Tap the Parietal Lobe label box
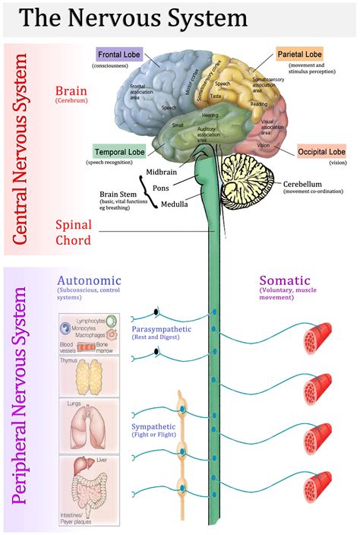click(x=298, y=55)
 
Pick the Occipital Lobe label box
click(x=321, y=151)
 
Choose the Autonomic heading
click(x=89, y=280)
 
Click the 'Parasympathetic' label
click(x=161, y=329)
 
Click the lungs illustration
click(x=88, y=426)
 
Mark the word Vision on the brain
click(x=264, y=145)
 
